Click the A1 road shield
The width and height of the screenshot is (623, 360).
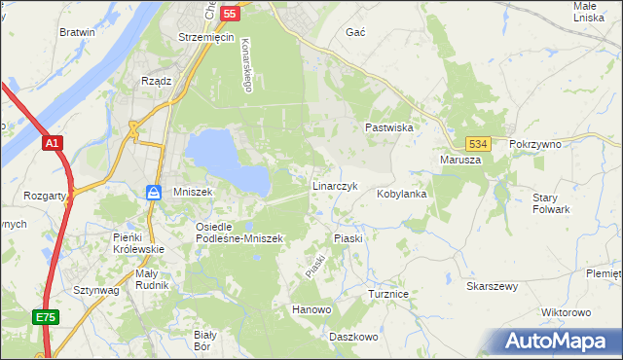pos(54,143)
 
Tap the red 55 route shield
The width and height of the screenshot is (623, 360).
pos(230,14)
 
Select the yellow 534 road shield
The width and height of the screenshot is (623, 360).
pos(476,143)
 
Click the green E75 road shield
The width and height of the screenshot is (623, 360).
pos(44,317)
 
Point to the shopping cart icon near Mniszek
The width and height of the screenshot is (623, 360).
pos(153,193)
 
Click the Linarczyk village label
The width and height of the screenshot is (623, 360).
pos(336,185)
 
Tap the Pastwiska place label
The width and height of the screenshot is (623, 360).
pos(389,127)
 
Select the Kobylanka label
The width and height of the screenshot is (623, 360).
pos(402,194)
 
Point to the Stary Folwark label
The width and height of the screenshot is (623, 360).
pos(551,203)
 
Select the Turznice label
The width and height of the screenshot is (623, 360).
pos(386,293)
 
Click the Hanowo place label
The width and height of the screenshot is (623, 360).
pos(312,310)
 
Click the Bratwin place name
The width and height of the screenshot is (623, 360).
pos(77,32)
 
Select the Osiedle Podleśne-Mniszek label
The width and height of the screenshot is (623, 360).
pos(238,232)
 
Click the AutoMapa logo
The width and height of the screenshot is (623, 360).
pos(559,341)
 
